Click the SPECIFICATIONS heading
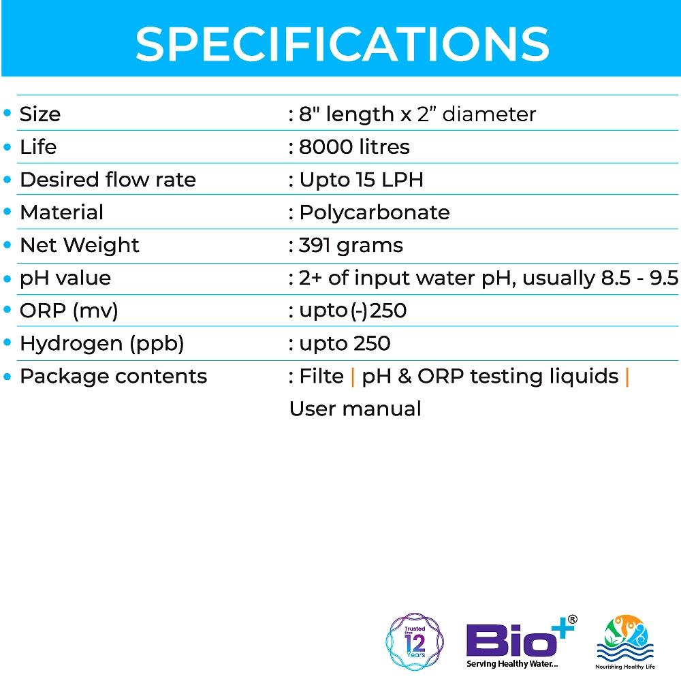coord(343,44)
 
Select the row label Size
coord(40,114)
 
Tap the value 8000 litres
coord(354,147)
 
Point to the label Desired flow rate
coord(108,179)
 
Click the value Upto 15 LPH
coord(362,180)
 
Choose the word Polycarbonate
coord(375,212)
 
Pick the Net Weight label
coord(80,245)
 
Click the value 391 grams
coord(351,246)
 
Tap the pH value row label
coord(65,278)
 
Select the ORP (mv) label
coord(69,311)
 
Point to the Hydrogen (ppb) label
coord(102,343)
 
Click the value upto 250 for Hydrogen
coord(345,343)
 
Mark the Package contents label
coord(113,377)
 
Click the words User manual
coord(355,409)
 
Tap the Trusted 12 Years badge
coord(415,642)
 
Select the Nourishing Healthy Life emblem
coord(625,642)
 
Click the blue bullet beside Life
coord(7,147)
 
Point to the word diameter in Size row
coord(489,114)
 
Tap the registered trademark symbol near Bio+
coord(573,620)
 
